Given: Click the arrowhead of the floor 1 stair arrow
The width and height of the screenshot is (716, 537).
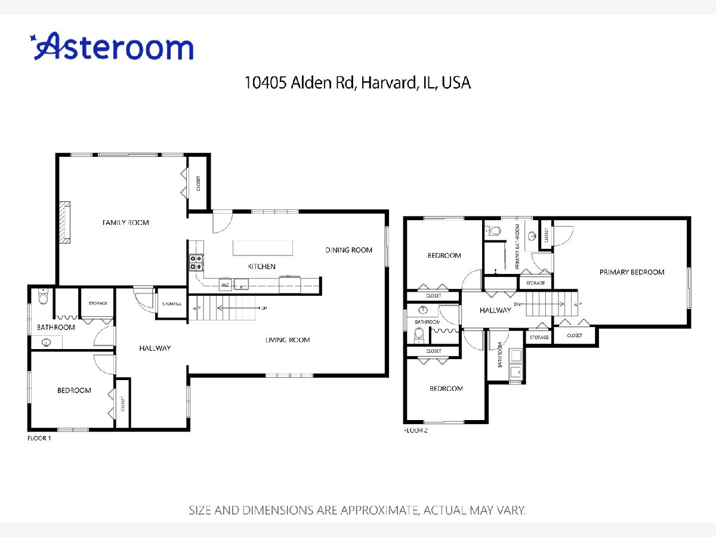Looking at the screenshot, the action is [x=219, y=308].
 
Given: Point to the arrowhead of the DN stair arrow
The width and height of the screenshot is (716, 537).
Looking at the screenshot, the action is [x=562, y=304].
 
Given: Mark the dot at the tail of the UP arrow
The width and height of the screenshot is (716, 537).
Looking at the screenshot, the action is [x=260, y=308].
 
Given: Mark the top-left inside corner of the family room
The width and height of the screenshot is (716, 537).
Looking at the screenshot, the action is [x=59, y=157].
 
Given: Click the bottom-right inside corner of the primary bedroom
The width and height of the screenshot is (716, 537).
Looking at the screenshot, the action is [x=687, y=325].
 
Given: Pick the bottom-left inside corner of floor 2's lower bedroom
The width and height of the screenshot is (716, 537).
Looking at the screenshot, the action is [x=408, y=420].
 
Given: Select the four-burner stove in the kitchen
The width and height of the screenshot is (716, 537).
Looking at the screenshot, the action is [x=196, y=263].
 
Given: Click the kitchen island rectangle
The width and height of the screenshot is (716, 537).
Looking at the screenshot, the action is [x=263, y=248].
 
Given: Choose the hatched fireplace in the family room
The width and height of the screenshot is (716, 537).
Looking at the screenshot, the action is [x=65, y=223].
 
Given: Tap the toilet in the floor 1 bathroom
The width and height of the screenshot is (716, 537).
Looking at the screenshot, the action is [x=44, y=296].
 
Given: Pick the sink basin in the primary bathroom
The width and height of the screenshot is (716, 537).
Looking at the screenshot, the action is [x=532, y=236].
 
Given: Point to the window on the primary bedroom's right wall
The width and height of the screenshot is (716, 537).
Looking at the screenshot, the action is [x=689, y=288].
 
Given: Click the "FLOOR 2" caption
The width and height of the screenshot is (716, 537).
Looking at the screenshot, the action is [x=415, y=430].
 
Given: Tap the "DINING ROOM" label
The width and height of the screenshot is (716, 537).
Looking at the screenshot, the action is [x=348, y=250].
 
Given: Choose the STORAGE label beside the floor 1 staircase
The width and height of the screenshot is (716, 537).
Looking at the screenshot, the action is [x=172, y=304].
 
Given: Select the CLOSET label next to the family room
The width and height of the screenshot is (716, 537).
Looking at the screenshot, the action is [x=198, y=183].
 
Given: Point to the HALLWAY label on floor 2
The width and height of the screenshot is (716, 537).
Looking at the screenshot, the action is [x=495, y=310].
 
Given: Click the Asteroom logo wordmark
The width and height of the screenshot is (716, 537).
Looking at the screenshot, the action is [x=112, y=47].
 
